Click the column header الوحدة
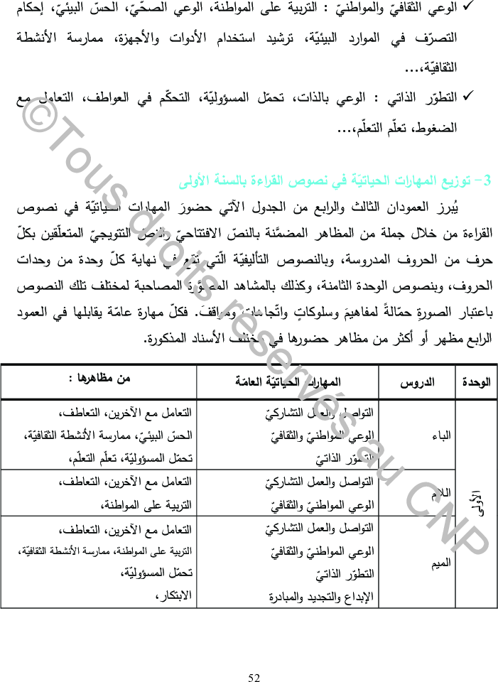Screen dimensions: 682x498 point(476,381)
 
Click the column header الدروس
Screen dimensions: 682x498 point(418,381)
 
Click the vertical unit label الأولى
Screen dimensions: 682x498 point(477,502)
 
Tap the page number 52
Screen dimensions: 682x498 point(254,677)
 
